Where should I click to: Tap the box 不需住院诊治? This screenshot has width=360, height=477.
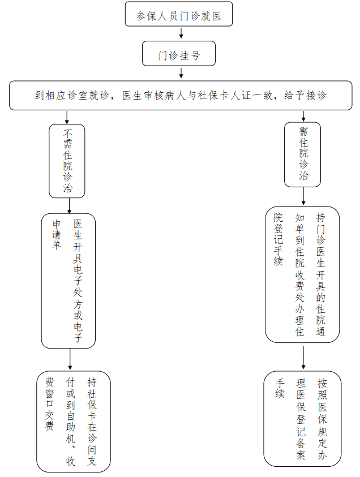67,161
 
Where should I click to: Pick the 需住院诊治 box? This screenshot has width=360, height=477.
303,154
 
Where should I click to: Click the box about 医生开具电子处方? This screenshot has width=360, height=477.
68,280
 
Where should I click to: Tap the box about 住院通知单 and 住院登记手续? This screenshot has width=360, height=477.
302,274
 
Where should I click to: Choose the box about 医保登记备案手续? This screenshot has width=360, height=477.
302,418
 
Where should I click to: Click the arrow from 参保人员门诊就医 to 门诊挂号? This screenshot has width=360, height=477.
181,33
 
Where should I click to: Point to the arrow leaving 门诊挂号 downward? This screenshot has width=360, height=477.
181,72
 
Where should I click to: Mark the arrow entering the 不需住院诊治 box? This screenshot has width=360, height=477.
67,117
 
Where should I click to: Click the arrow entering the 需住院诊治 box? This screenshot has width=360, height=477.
303,115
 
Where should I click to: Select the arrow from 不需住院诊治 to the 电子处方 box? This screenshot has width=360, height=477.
69,205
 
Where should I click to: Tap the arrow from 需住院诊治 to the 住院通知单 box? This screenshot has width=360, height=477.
303,196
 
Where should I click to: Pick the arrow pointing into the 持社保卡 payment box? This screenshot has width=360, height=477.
70,359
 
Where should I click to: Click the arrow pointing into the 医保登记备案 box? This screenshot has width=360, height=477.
303,356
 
